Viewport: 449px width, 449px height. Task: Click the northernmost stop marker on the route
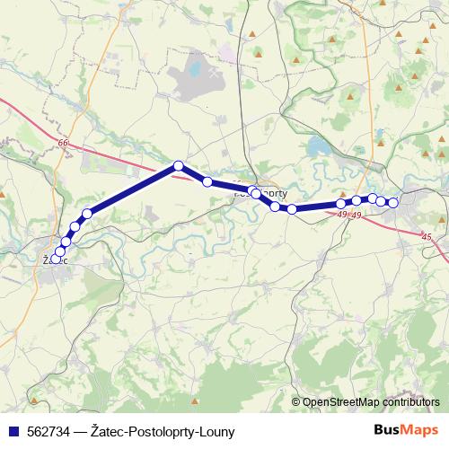click(179, 165)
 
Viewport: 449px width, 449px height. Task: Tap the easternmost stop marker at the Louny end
click(392, 203)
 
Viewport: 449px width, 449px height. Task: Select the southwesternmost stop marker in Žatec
click(56, 259)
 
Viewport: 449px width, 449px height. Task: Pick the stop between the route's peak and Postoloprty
click(207, 181)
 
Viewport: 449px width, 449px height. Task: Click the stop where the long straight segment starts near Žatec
click(87, 214)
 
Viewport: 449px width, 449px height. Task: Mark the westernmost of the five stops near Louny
click(341, 204)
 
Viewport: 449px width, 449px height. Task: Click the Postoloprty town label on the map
click(269, 192)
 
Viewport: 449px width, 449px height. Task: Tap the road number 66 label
click(62, 144)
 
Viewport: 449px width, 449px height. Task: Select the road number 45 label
click(426, 236)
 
